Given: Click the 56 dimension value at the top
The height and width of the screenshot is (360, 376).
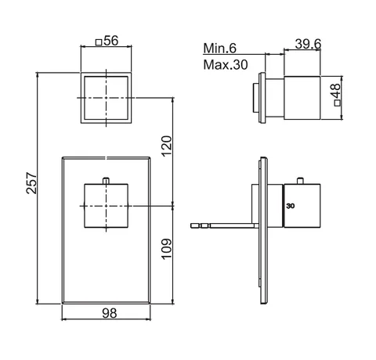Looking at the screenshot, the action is coord(111,41).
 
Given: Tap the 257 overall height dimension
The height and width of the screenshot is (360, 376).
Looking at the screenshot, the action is coord(31,182).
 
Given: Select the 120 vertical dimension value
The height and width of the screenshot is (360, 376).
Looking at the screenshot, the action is coord(167,146).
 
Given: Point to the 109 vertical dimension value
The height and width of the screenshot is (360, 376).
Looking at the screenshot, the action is coord(167,249).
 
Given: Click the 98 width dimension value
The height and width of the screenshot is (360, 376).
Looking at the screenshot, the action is coord(110,313).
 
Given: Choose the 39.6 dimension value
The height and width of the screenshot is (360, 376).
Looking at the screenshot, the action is coord(308,44).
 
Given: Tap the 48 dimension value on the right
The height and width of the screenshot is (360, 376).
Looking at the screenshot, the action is coord(336,90).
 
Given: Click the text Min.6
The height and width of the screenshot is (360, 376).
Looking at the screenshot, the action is coord(220,49).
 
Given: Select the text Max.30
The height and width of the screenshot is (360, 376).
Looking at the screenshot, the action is coord(226,64).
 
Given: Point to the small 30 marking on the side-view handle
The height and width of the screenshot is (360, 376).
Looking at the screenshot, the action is coord(290,206).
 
